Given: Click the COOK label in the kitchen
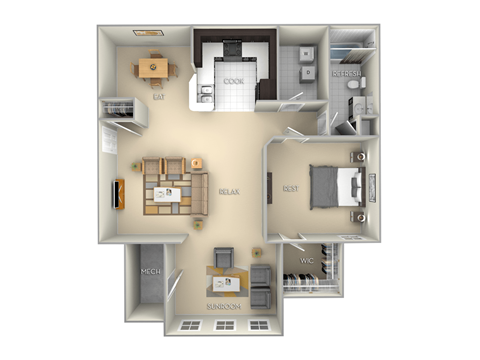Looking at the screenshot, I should [233, 81].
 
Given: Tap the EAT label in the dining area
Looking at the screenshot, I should [159, 97].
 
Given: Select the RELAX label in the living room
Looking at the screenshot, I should [228, 190].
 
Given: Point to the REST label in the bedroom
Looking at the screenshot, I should [289, 188].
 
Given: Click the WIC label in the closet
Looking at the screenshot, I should [307, 262].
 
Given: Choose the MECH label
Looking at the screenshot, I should [150, 271].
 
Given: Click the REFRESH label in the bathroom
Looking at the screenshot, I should [349, 75].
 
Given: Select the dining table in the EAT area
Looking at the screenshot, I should [153, 69].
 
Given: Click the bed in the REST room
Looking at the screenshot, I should [336, 187].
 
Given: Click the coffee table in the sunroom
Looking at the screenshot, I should [222, 281].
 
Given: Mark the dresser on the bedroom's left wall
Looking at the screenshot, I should [271, 187].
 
